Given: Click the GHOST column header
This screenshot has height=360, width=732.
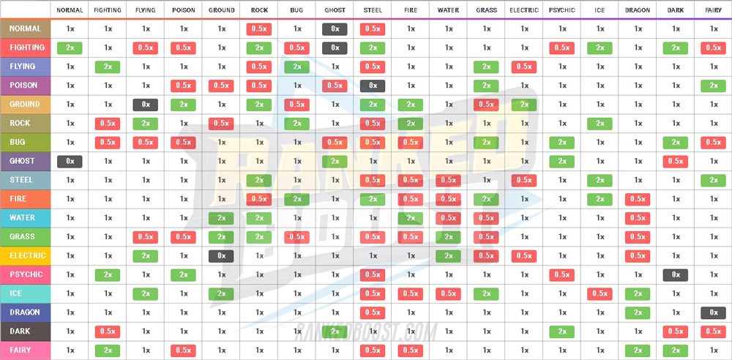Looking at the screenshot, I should click(x=335, y=10).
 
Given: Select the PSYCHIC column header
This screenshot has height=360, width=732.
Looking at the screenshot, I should click(x=561, y=10).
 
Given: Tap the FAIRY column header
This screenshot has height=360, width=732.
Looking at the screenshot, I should click(x=713, y=10).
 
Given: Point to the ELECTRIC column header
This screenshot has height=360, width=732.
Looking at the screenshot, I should click(x=524, y=10).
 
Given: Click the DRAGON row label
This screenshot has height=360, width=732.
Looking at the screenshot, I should click(x=26, y=312).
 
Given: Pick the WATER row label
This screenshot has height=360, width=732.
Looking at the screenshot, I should click(x=26, y=218).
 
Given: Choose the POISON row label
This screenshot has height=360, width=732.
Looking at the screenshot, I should click(x=26, y=86).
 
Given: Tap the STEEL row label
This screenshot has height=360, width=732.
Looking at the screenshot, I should click(x=26, y=180).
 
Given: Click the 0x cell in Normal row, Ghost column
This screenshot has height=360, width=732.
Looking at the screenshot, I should click(x=335, y=29).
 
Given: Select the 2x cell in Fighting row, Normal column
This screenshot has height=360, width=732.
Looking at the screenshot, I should click(x=70, y=48).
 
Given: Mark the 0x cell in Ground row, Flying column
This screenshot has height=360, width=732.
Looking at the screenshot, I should click(x=146, y=105).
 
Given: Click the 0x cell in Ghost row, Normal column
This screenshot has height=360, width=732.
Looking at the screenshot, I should click(x=70, y=161).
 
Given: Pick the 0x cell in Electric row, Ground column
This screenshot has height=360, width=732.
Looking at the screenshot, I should click(x=222, y=256).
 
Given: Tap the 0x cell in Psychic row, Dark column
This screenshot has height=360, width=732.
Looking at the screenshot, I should click(x=675, y=275).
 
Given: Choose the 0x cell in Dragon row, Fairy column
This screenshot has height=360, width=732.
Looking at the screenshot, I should click(x=713, y=312).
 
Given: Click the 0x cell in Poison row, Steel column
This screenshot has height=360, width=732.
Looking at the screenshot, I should click(x=373, y=86).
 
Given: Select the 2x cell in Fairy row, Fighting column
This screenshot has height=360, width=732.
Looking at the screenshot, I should click(x=108, y=350).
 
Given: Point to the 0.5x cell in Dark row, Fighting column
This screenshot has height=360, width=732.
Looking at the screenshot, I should click(x=108, y=331).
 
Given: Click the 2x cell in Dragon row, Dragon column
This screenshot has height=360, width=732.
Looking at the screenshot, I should click(x=637, y=312).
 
